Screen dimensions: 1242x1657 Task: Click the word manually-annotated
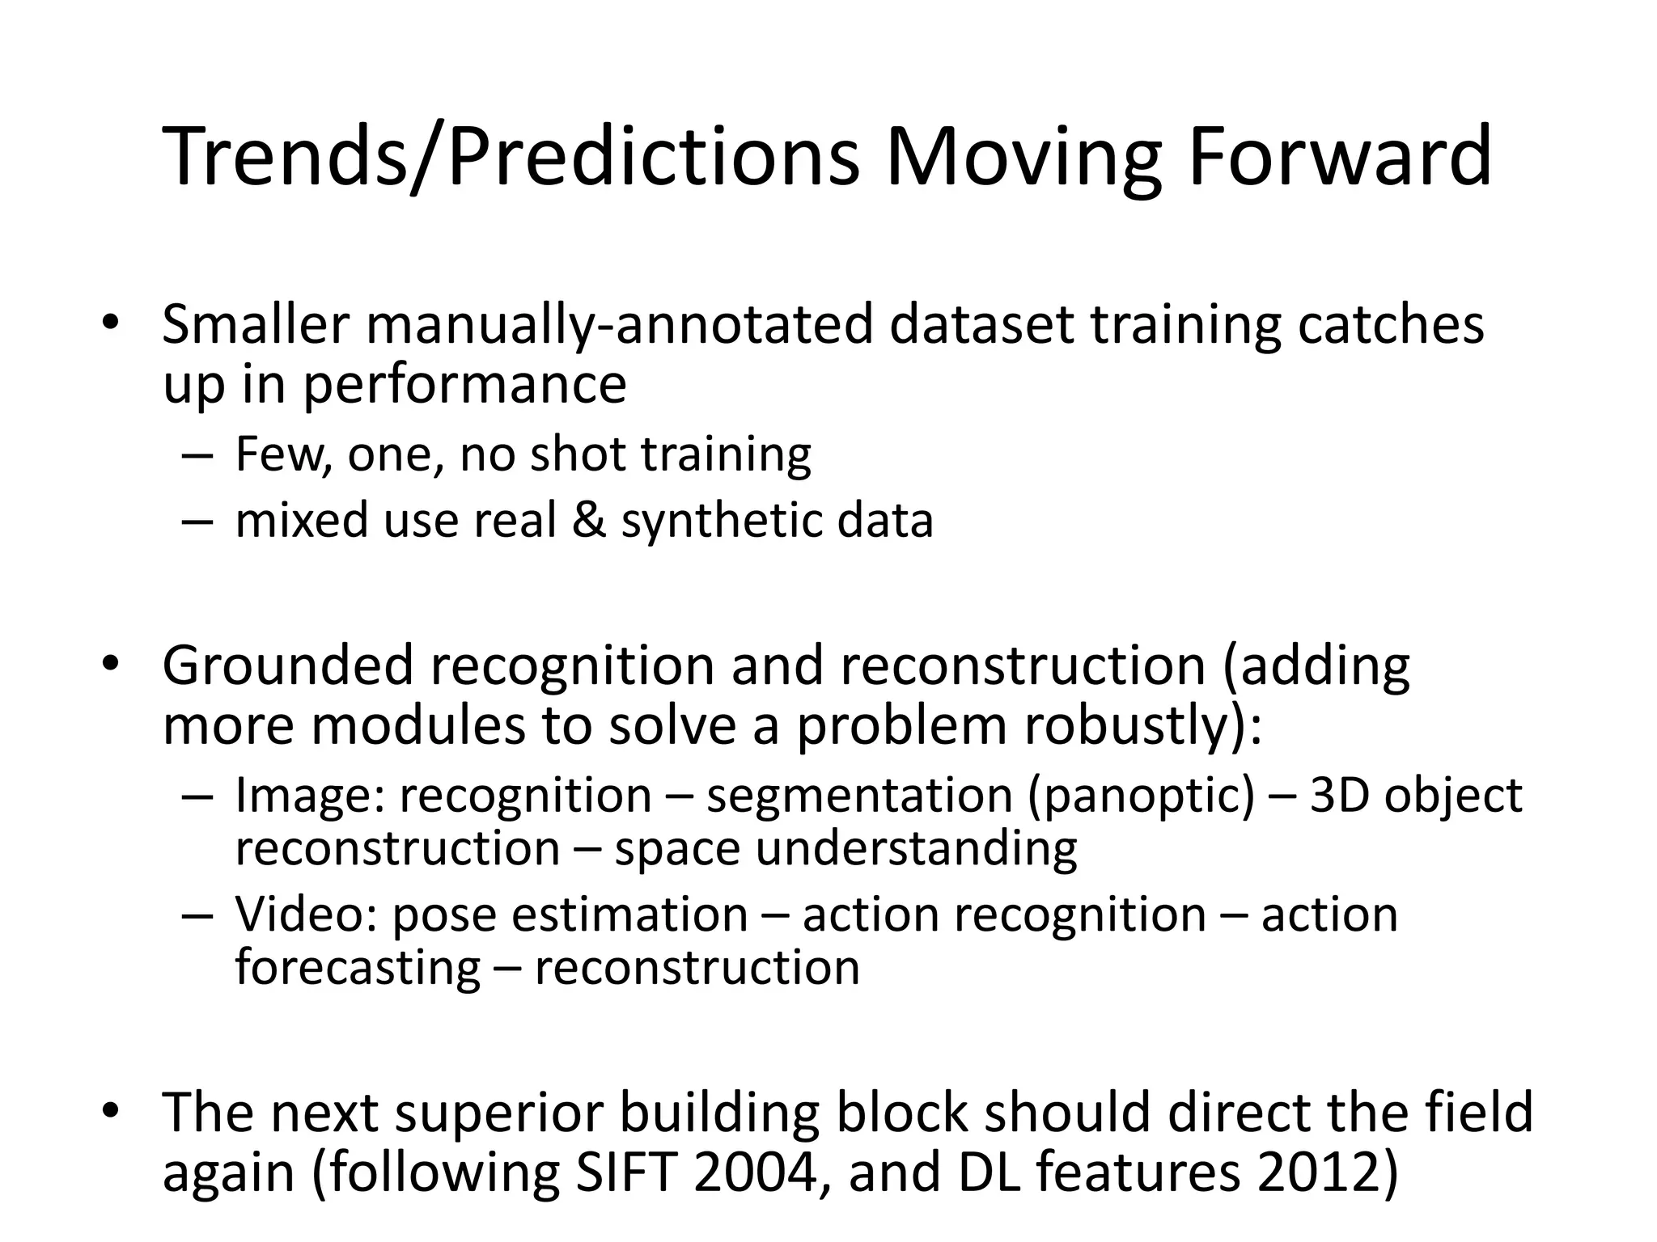pos(619,325)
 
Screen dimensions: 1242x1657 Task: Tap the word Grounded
pos(287,666)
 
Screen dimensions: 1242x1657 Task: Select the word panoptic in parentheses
pos(1141,796)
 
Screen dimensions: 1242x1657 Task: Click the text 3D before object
pos(1339,795)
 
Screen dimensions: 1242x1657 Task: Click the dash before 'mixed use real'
pos(197,522)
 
